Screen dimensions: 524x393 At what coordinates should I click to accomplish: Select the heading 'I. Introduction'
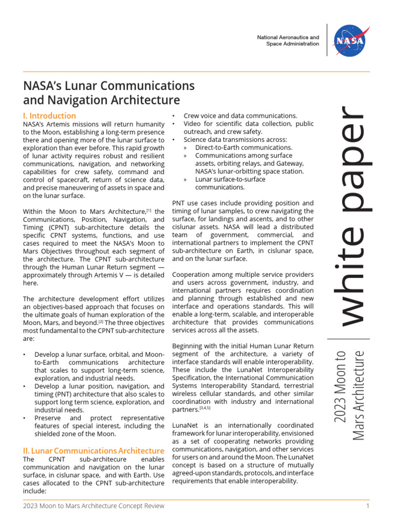point(50,116)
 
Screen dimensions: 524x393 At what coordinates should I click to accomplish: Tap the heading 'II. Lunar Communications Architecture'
point(94,451)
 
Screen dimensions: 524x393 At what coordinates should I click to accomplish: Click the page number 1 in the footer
point(367,506)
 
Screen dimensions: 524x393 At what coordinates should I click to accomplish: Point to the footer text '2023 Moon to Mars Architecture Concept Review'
point(94,506)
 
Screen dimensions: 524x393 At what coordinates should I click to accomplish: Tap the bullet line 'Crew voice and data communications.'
point(240,116)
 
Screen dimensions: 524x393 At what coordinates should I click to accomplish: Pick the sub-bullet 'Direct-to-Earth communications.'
point(244,147)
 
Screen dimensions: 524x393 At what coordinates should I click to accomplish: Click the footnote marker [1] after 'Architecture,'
point(149,210)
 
